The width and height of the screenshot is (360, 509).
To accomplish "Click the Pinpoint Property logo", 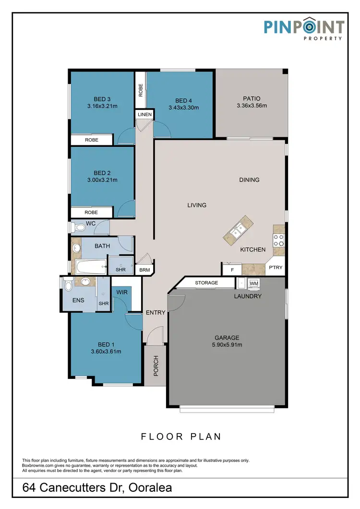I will [303, 29].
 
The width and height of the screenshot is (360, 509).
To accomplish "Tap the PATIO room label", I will [252, 98].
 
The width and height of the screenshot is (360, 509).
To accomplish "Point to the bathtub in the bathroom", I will [89, 267].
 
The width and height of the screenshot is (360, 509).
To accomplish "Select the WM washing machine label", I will [253, 284].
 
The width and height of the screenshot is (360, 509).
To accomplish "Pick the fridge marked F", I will [232, 270].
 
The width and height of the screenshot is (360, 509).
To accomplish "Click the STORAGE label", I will [206, 283].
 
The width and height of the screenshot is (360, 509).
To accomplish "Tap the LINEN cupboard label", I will [144, 115].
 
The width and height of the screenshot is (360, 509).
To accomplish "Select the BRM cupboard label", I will [144, 270].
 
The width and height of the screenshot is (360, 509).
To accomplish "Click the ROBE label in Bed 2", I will [91, 212].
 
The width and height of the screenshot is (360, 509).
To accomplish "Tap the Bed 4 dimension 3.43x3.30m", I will [183, 108].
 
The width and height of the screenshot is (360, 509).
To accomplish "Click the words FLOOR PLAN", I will [180, 437].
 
